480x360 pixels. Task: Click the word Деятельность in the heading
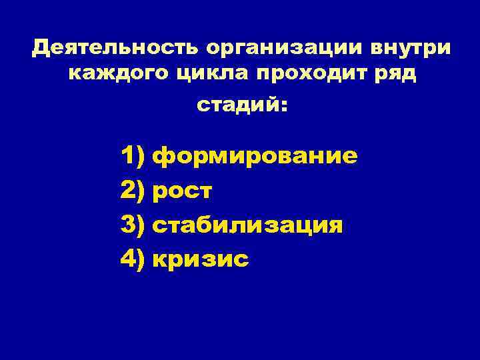[x=115, y=48]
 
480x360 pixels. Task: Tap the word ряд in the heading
[x=393, y=75]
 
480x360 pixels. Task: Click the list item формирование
[x=255, y=157]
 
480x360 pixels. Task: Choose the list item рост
[x=183, y=191]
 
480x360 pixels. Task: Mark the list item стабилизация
[x=248, y=225]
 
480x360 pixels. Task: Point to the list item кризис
[x=201, y=259]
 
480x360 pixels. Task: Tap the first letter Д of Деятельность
[x=41, y=49]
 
